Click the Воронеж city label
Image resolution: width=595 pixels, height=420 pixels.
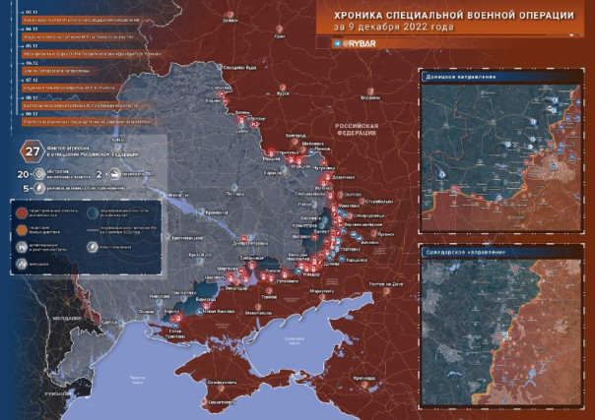[x=369, y=98]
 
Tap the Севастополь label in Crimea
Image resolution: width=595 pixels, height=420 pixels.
[x=219, y=402]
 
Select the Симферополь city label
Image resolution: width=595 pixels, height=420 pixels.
[x=233, y=384]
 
